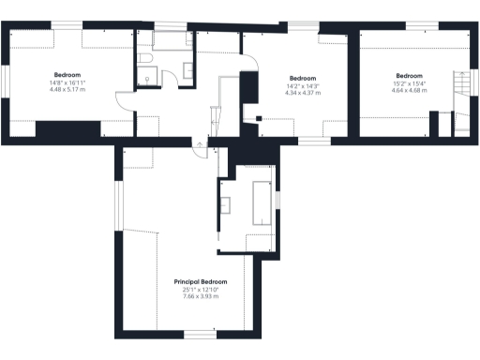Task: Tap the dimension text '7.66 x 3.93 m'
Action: (x=201, y=296)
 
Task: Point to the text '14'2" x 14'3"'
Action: (x=303, y=86)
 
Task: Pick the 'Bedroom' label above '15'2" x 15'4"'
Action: (x=409, y=76)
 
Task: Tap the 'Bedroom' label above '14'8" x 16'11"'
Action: (x=67, y=74)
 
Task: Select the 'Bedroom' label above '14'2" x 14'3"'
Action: (x=303, y=78)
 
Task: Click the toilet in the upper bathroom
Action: (x=145, y=59)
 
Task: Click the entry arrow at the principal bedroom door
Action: (x=197, y=144)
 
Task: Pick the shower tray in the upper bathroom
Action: (x=169, y=40)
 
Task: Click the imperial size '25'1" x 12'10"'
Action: (x=201, y=289)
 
